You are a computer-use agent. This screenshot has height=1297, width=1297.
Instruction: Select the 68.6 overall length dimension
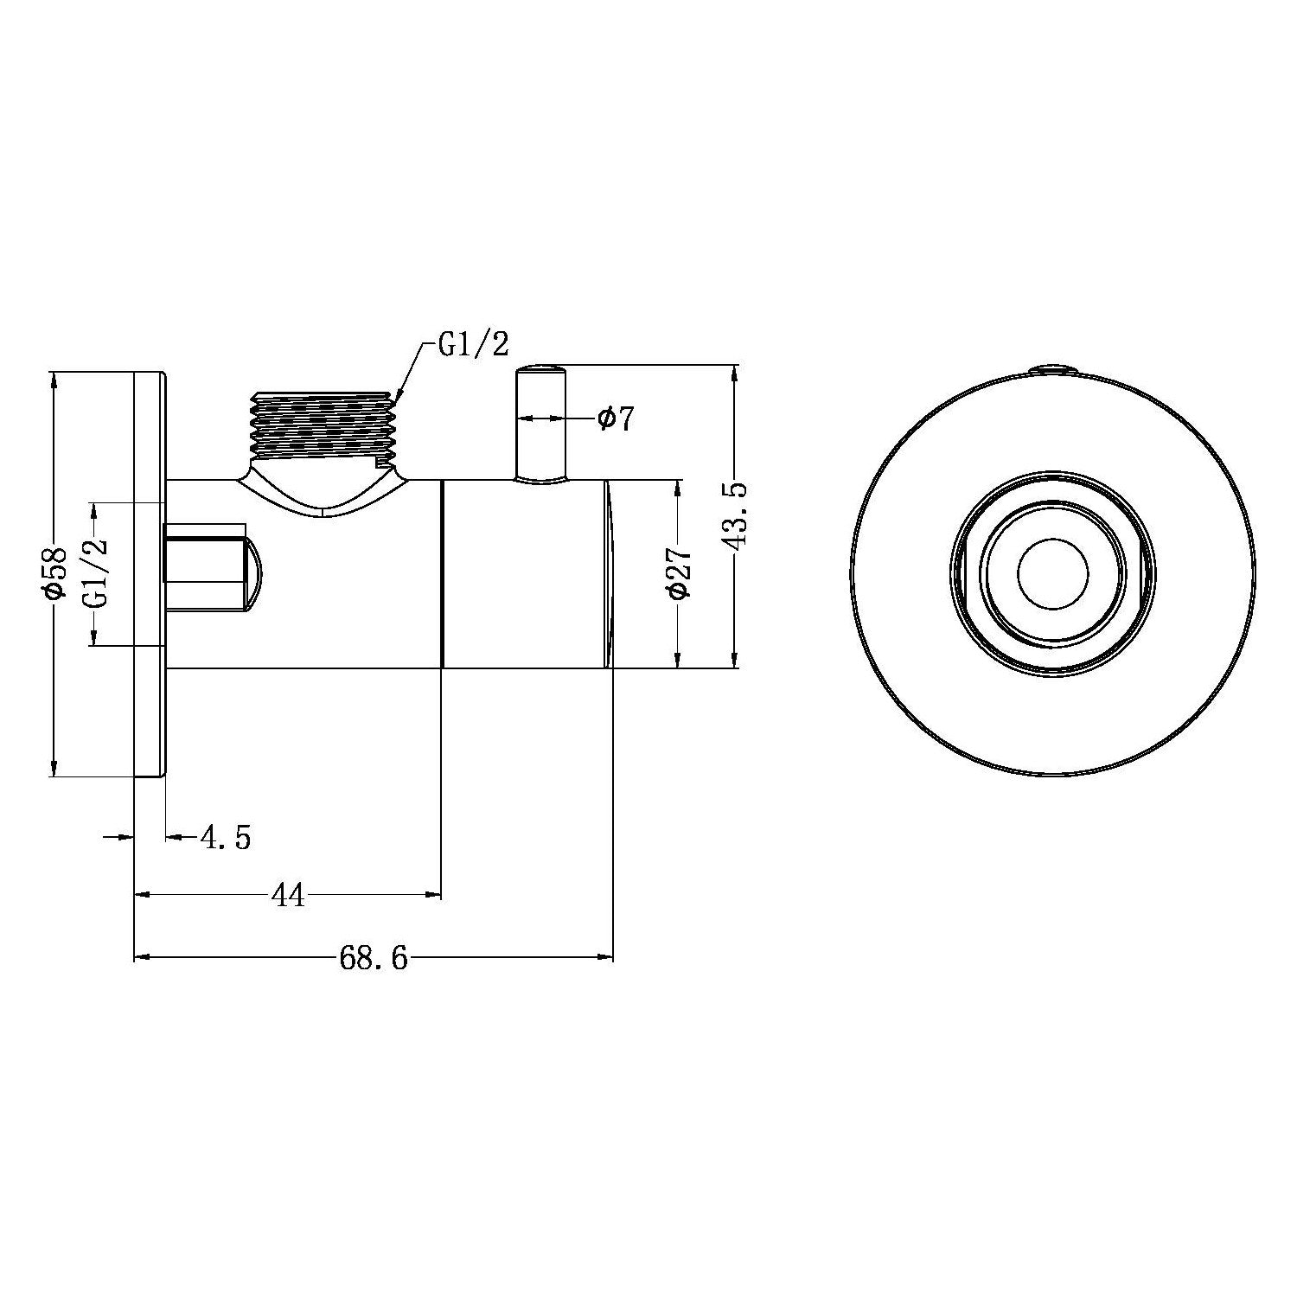[374, 958]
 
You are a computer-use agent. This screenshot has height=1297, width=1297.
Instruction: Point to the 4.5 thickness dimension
[225, 837]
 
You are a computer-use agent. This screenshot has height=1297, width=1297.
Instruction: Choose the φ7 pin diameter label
[616, 418]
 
